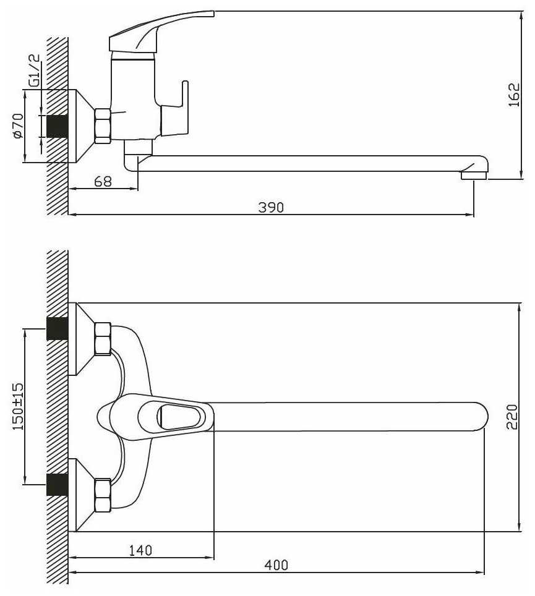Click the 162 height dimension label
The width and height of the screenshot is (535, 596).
click(514, 95)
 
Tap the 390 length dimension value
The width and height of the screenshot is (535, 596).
click(271, 207)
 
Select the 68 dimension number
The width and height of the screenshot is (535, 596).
click(103, 181)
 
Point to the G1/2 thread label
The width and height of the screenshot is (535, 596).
click(34, 70)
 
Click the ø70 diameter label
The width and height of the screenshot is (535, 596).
click(18, 126)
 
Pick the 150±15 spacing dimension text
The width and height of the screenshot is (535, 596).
click(18, 406)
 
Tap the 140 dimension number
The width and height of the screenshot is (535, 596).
click(140, 550)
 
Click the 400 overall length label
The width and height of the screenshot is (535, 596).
click(276, 565)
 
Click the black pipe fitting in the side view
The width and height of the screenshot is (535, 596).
click(57, 126)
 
